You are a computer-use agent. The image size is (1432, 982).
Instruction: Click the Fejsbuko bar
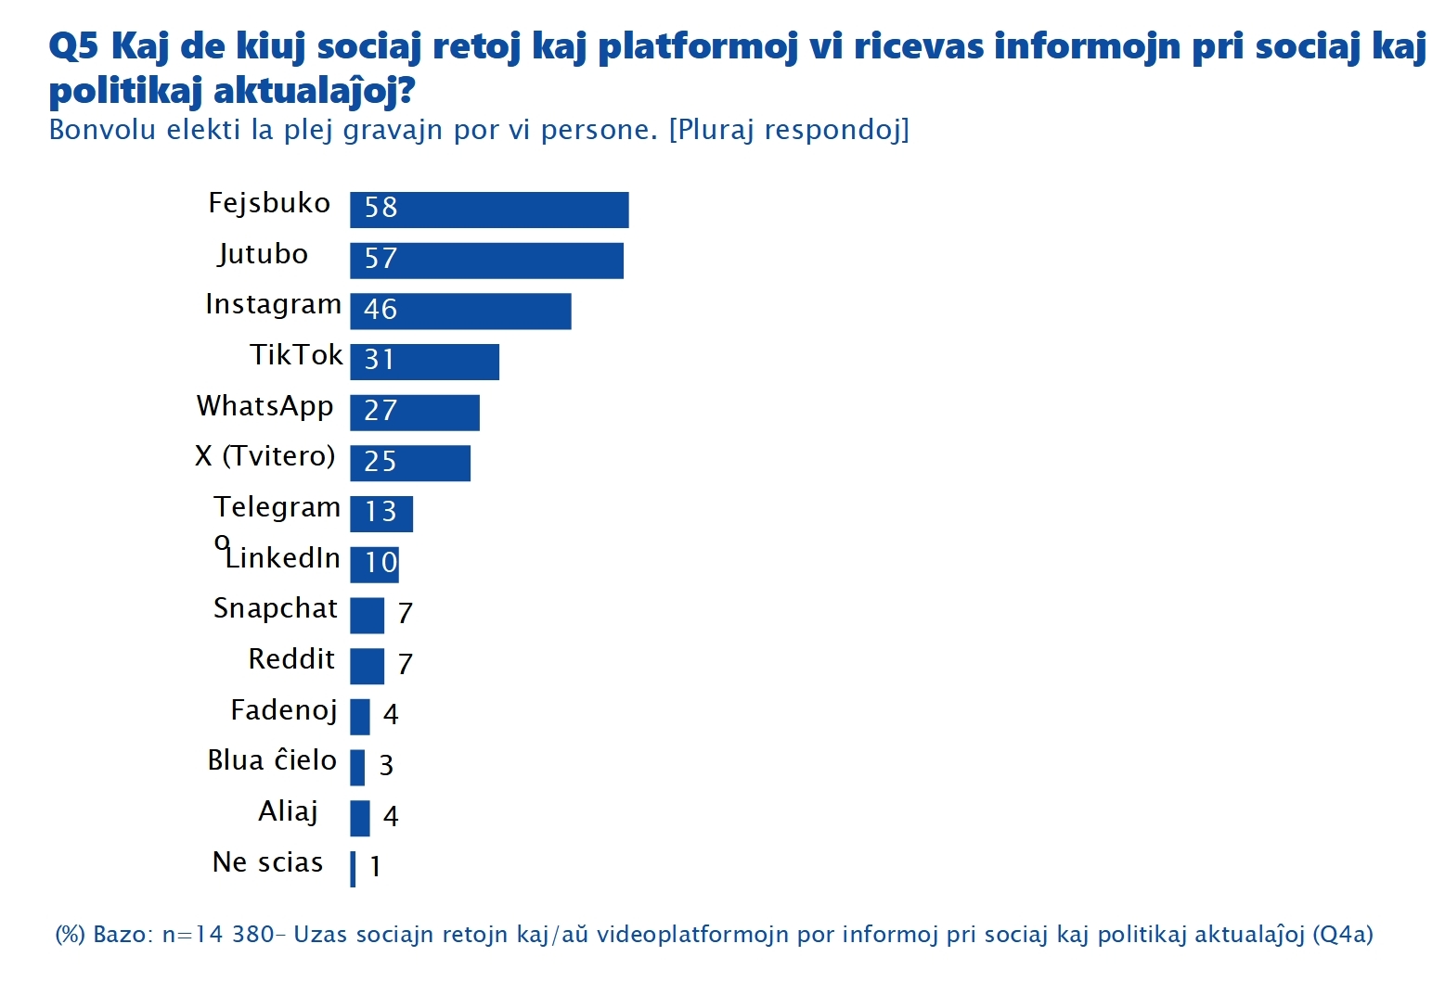click(489, 210)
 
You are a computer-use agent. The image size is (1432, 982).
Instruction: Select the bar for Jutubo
click(486, 261)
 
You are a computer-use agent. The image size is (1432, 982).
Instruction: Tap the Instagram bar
click(460, 312)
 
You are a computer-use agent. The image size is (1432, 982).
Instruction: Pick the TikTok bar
click(424, 362)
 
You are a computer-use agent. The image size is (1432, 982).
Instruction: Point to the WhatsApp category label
click(264, 406)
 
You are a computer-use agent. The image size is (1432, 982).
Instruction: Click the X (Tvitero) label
click(264, 456)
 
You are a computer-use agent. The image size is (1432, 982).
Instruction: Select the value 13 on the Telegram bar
click(381, 512)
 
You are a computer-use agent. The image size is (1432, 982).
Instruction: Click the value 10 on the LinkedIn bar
click(381, 562)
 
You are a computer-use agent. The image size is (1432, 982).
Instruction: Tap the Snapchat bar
click(367, 615)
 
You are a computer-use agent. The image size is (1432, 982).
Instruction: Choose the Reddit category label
click(290, 659)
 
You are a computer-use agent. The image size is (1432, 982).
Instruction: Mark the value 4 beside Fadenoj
click(391, 714)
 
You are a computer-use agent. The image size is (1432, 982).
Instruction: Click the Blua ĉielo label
click(272, 760)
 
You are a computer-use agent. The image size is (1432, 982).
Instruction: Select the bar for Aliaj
click(360, 818)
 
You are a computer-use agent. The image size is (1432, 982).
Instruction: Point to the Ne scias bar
click(353, 869)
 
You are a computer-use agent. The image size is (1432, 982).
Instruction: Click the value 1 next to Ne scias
click(375, 866)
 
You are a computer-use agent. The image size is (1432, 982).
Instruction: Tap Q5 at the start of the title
click(72, 46)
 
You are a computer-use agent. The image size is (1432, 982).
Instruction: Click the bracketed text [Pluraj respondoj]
click(789, 130)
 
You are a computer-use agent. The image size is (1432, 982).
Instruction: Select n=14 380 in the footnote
click(217, 934)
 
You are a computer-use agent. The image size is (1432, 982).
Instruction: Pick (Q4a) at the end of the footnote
click(1342, 934)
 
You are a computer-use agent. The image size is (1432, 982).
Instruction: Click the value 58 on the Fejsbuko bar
click(381, 208)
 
